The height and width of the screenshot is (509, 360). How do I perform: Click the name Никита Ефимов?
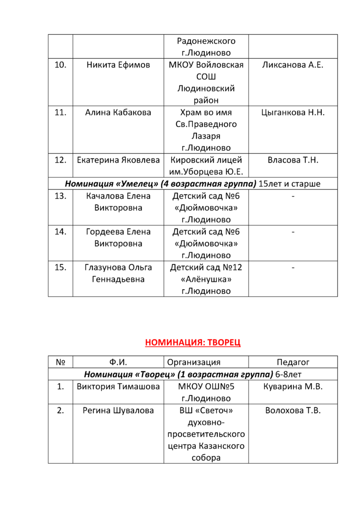[x=118, y=65]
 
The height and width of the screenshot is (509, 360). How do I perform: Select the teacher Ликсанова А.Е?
[x=292, y=65]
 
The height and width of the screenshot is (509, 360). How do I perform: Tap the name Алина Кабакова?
[x=118, y=112]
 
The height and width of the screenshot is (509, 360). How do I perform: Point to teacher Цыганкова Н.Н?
[x=292, y=112]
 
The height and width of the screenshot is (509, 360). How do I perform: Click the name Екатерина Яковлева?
[x=118, y=160]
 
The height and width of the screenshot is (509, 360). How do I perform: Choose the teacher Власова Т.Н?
[x=292, y=160]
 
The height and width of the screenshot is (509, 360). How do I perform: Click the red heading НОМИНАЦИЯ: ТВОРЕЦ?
[x=192, y=342]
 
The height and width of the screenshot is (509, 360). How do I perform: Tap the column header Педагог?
[x=293, y=362]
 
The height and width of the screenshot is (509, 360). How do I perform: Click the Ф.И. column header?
[x=118, y=362]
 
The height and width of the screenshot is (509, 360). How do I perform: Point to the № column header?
[x=60, y=362]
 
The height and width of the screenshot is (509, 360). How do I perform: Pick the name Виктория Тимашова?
[x=118, y=387]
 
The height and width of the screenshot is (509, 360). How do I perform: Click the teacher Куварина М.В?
[x=293, y=387]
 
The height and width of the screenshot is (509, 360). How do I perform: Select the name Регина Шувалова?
[x=118, y=411]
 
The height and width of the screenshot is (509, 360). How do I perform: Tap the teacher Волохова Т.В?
[x=293, y=411]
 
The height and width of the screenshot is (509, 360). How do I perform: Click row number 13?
[x=60, y=196]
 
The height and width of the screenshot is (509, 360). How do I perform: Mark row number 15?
[x=60, y=267]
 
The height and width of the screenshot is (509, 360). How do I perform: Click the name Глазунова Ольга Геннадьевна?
[x=118, y=273]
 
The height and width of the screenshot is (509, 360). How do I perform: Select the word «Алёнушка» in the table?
[x=206, y=279]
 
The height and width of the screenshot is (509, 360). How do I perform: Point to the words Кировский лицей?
[x=206, y=160]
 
